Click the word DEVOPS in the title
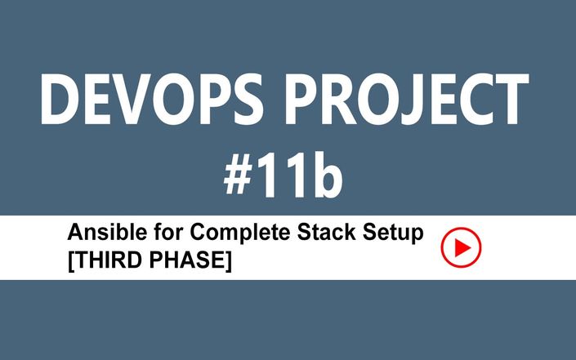click(152, 99)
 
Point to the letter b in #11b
click(325, 174)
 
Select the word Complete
click(240, 233)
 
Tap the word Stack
click(326, 232)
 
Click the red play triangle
click(462, 247)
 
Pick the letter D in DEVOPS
click(59, 100)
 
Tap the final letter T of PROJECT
click(511, 100)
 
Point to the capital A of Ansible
click(76, 232)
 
